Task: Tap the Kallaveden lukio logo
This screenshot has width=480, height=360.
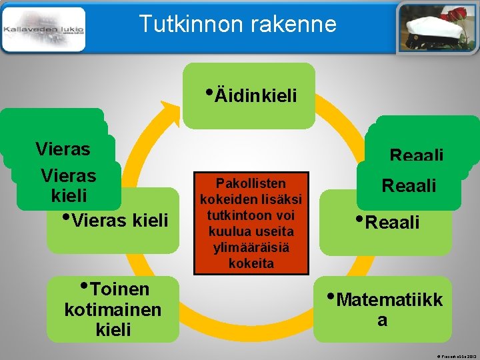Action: [x=44, y=30]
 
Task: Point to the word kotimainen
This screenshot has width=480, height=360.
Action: [x=113, y=310]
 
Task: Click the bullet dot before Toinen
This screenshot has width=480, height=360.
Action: [x=85, y=285]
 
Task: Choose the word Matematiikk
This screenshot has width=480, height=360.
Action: [x=389, y=299]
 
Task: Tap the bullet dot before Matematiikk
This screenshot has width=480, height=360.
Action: [x=331, y=294]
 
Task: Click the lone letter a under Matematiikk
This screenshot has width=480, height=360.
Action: [x=382, y=320]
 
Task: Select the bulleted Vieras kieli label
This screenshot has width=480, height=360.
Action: [x=119, y=219]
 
